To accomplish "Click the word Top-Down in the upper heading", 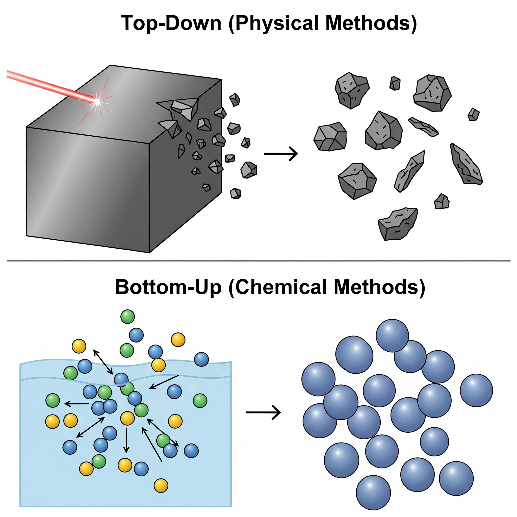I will (171, 23).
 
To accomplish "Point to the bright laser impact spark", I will (97, 101).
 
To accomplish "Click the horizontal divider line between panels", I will (258, 260).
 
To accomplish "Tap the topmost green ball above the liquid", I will (127, 317).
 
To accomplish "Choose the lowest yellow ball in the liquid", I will (161, 485).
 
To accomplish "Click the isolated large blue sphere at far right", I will (476, 391).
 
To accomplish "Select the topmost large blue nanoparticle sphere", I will (392, 335).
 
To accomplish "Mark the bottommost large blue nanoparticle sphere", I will (373, 493).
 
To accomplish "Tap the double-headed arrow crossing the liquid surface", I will (103, 361).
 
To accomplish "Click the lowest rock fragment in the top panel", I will (398, 224).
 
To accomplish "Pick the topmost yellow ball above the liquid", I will (178, 340).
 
